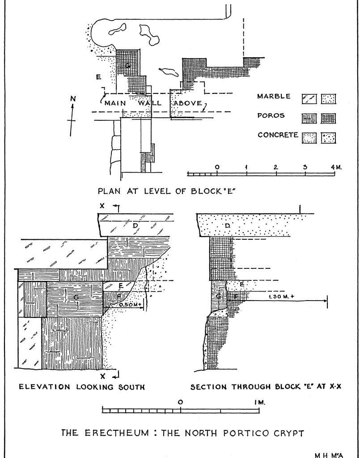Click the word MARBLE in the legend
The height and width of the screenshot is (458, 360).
[274, 97]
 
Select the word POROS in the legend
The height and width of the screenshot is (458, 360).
[271, 116]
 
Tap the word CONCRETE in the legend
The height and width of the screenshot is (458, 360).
[278, 135]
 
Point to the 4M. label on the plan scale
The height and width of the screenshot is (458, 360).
[336, 167]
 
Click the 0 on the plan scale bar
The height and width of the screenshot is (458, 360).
[217, 167]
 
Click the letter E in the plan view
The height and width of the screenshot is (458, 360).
[98, 77]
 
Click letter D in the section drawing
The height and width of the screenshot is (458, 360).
[227, 226]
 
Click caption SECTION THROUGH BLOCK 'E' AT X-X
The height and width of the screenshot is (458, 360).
[266, 387]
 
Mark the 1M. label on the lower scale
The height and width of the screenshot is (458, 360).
[259, 402]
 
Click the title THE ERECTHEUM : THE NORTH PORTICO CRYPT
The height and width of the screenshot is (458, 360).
[182, 433]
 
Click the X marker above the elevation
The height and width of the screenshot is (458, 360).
[102, 206]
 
